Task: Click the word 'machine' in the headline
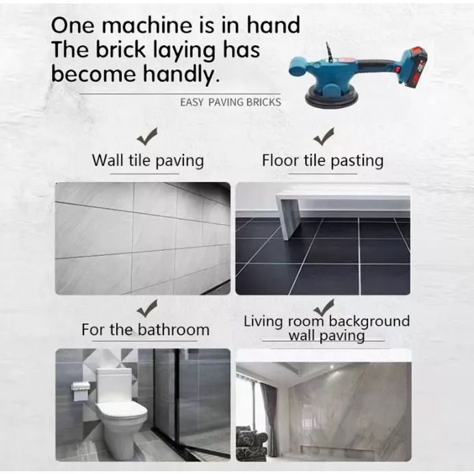click(147, 25)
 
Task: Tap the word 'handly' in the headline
click(181, 73)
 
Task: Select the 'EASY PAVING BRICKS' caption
click(231, 103)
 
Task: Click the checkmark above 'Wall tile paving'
click(147, 136)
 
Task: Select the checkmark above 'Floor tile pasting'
click(324, 136)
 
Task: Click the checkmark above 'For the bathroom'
click(147, 308)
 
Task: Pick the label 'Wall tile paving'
click(148, 161)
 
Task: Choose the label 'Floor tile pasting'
click(323, 161)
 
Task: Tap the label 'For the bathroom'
click(146, 330)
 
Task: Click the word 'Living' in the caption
click(264, 321)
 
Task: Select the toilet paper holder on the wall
click(81, 391)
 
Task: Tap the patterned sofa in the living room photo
click(251, 443)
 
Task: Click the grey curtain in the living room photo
click(269, 414)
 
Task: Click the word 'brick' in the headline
click(120, 49)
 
